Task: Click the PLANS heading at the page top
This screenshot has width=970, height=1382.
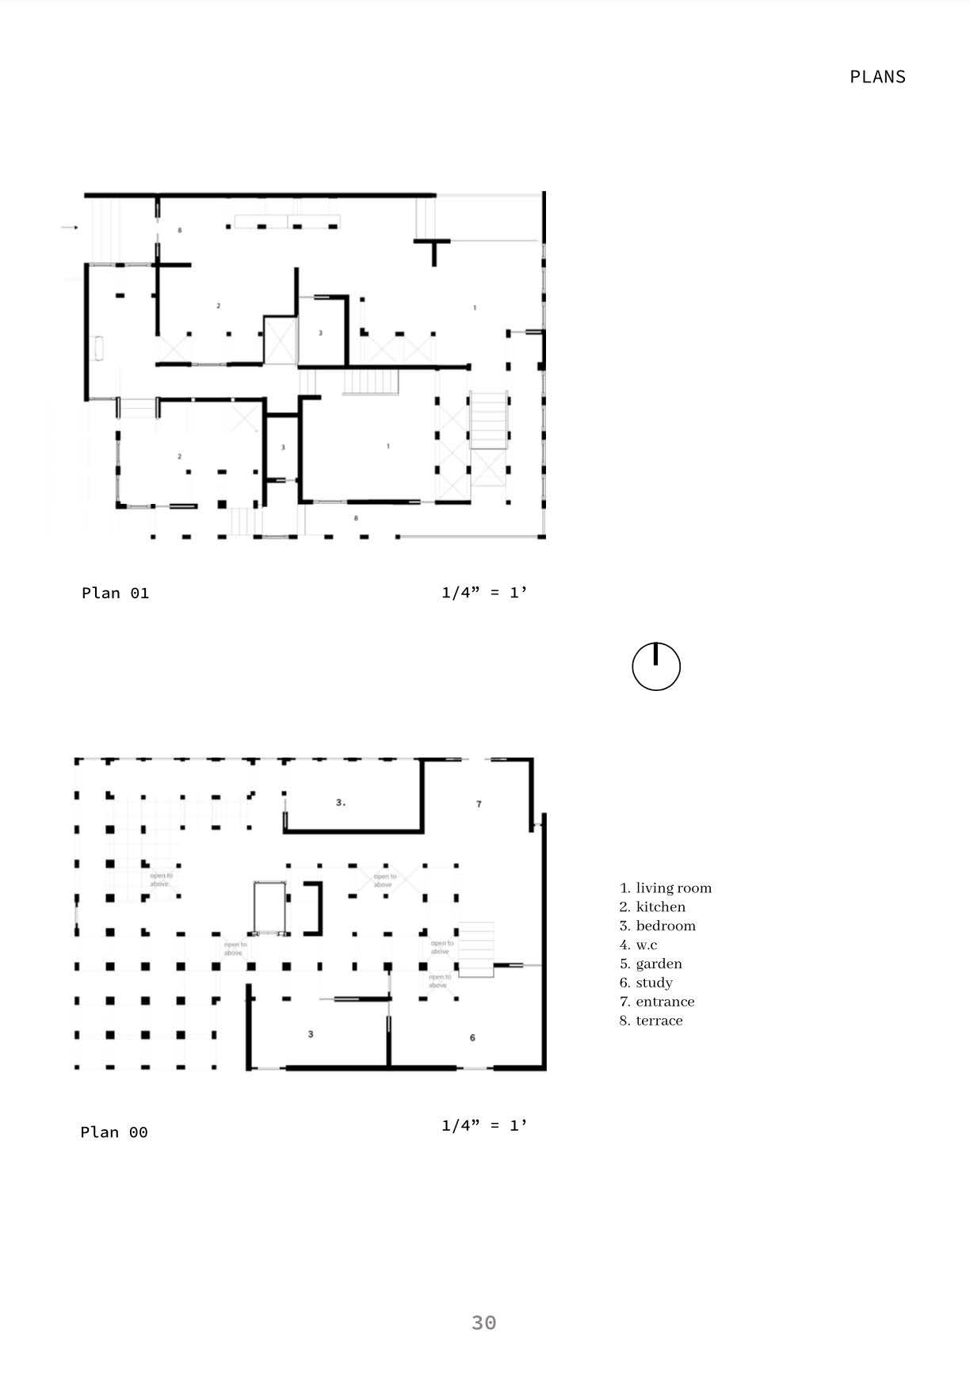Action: (877, 77)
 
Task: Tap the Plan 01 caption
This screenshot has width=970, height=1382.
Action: (115, 593)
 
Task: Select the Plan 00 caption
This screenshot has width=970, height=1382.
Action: (114, 1132)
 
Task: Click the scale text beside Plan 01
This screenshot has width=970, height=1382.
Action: (484, 592)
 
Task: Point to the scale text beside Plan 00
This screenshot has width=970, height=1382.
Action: (484, 1124)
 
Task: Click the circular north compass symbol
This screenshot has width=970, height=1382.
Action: (656, 666)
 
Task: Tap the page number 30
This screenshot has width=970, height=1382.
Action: (483, 1323)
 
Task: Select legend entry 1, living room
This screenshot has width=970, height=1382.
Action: (666, 888)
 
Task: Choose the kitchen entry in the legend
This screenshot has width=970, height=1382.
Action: (653, 907)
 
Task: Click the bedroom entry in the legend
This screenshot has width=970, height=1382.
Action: (658, 926)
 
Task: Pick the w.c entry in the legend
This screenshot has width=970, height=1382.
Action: (639, 945)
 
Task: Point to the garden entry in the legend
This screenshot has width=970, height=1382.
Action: (651, 964)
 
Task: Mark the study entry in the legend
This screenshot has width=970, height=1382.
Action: (647, 983)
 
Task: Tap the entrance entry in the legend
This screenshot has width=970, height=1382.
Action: (657, 1002)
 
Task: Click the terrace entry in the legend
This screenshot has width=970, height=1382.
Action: (651, 1021)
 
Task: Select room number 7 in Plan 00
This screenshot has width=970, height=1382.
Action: (479, 804)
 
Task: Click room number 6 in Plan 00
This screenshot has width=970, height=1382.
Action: (473, 1037)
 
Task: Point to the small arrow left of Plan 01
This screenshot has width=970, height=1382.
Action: (71, 228)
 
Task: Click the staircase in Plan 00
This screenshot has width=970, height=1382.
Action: (476, 949)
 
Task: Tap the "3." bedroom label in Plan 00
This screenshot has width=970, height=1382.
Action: (341, 803)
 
